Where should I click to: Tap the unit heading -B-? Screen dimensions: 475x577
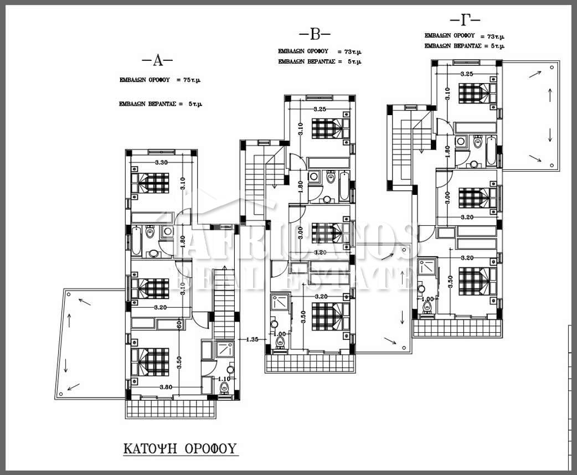[314, 35]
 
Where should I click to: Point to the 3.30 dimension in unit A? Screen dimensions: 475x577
[161, 162]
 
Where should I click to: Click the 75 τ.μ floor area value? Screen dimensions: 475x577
[190, 80]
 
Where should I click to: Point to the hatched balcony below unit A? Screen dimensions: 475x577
[172, 409]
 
